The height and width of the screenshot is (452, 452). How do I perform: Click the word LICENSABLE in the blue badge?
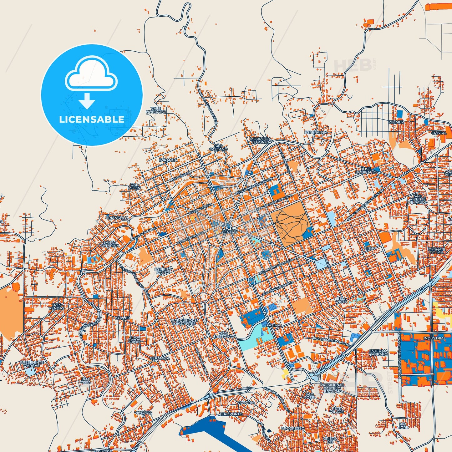91,119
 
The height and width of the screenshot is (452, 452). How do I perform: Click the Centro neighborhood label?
229,232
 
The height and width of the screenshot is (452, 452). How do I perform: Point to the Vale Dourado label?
155,110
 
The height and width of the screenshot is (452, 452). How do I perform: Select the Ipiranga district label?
168,160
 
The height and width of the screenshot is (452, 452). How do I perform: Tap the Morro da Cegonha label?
260,140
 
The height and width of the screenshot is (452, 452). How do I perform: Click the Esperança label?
316,133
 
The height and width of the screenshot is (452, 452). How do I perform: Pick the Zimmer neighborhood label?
396,122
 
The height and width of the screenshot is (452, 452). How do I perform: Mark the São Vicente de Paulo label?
417,199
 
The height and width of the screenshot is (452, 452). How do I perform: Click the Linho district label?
370,248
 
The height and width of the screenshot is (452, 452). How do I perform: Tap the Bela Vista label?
342,300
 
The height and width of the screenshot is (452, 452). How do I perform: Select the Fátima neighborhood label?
273,326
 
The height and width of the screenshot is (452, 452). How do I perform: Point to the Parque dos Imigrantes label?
184,322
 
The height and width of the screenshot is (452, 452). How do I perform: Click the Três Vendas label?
56,307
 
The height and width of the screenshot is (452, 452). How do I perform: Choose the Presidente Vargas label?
32,364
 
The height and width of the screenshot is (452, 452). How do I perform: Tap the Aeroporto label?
231,414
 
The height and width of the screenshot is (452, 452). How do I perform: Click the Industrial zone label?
434,338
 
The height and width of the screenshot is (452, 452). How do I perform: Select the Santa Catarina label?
110,244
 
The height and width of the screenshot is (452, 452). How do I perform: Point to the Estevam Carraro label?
378,353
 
